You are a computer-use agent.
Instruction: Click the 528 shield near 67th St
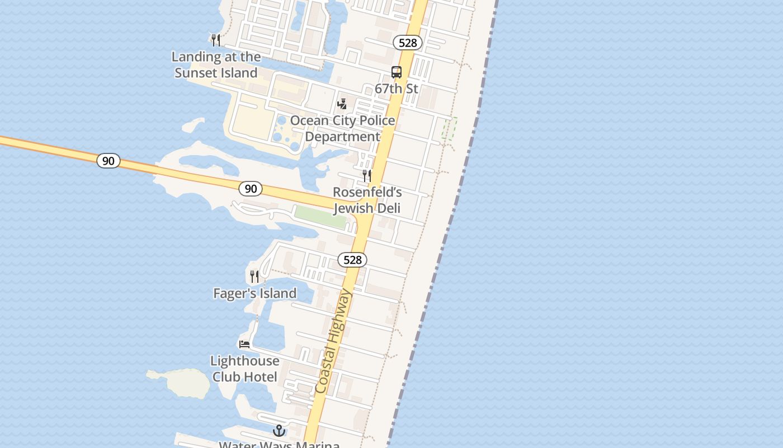click(408, 43)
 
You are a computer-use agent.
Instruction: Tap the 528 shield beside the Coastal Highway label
click(352, 260)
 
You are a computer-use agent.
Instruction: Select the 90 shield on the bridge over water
click(108, 161)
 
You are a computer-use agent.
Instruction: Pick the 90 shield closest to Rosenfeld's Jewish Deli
click(251, 189)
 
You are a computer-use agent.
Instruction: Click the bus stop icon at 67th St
click(397, 72)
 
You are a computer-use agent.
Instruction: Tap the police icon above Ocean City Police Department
click(342, 104)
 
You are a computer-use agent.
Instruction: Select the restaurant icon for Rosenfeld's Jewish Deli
click(367, 175)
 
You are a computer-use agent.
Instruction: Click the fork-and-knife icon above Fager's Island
click(254, 277)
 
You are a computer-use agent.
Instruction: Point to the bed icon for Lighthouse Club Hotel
click(244, 344)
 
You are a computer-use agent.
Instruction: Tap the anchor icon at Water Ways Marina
click(279, 431)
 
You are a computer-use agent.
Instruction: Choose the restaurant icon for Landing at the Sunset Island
click(216, 40)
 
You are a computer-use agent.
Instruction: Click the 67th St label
click(397, 88)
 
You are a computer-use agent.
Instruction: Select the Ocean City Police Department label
click(342, 129)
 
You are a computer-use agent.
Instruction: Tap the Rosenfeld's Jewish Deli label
click(367, 200)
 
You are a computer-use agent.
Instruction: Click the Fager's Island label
click(255, 293)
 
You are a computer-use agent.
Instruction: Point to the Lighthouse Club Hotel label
click(245, 368)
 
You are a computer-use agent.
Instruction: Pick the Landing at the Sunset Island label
click(216, 64)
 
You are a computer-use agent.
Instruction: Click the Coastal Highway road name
click(334, 342)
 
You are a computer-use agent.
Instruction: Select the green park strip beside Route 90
click(320, 217)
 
